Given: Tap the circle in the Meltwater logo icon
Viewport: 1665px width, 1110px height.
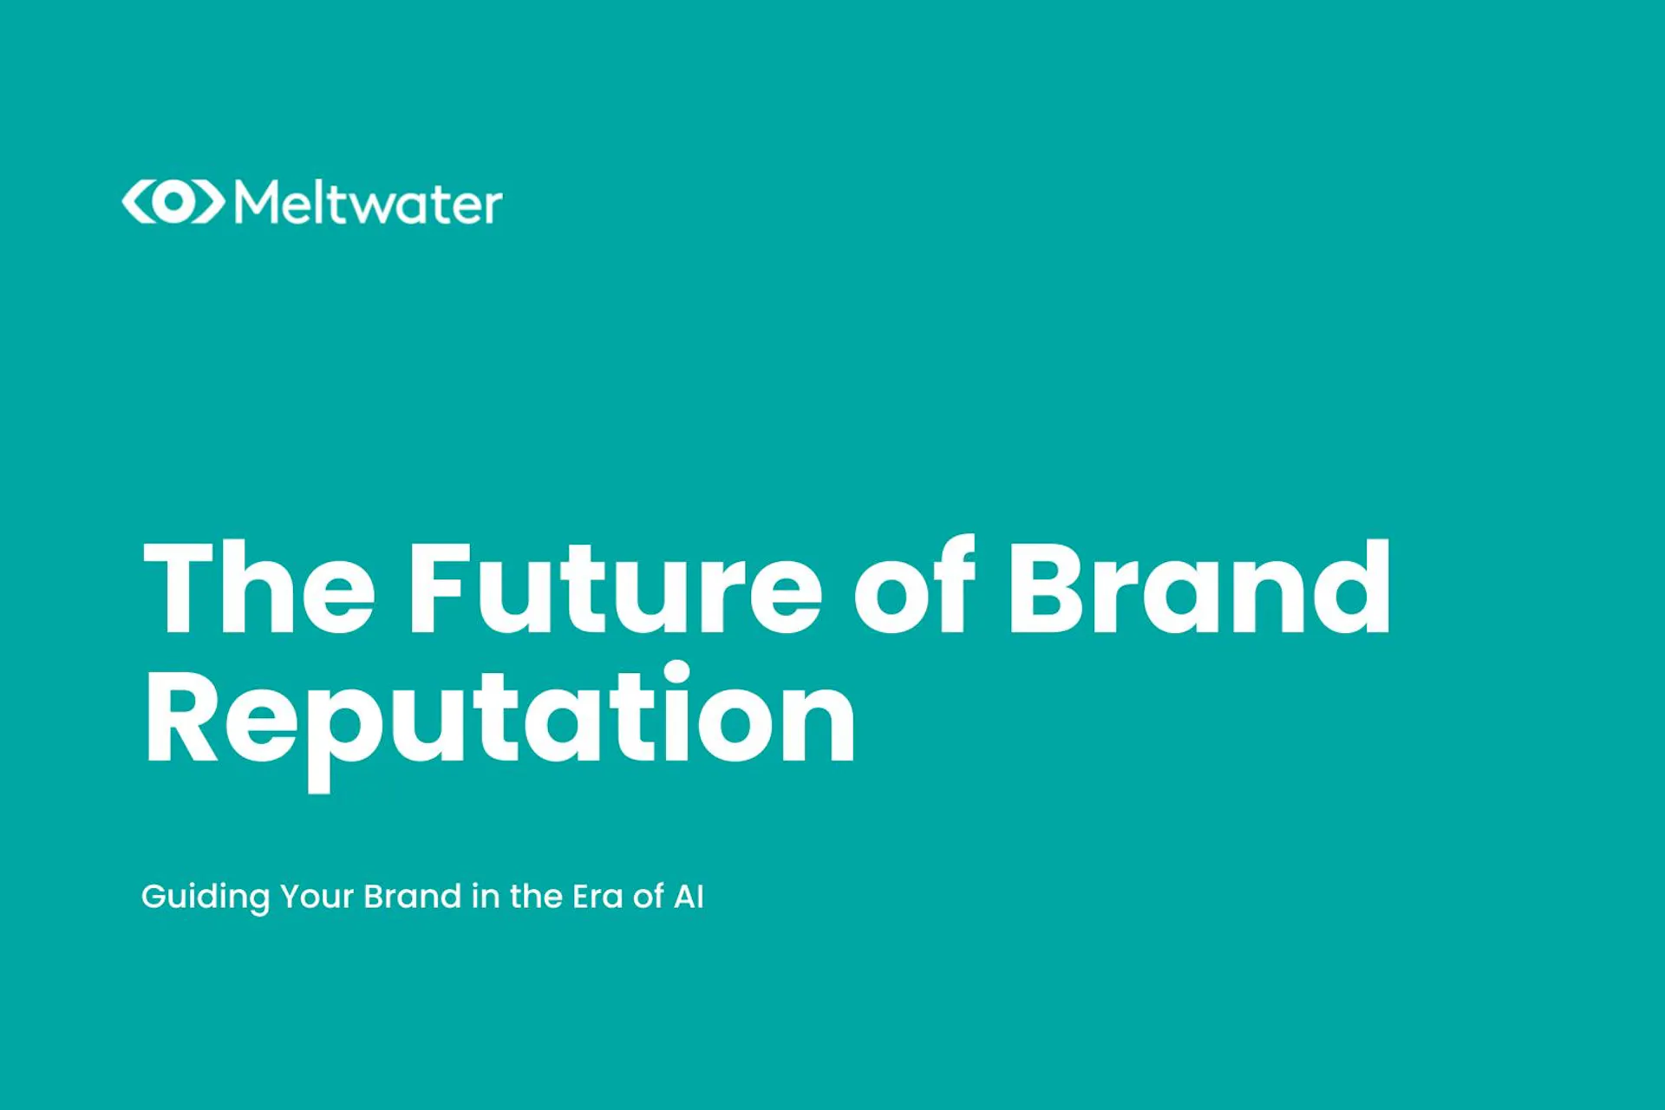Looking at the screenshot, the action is [x=173, y=202].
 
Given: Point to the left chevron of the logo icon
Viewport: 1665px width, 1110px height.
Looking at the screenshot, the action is [x=137, y=202].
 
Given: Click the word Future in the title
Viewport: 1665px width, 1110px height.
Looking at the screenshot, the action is [x=615, y=589].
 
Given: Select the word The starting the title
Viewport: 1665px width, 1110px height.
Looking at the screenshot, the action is [x=259, y=589].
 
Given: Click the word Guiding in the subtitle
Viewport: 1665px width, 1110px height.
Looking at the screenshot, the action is [x=206, y=898].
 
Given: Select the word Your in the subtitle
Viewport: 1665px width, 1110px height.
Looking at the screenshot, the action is [x=317, y=897].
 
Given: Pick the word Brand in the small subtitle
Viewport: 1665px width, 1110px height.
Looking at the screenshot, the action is [x=412, y=897].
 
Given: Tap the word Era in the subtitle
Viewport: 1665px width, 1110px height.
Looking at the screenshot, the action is [x=597, y=897].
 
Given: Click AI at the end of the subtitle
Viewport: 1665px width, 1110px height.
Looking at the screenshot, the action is [x=689, y=897].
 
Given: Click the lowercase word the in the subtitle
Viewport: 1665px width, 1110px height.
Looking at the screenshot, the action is [x=536, y=897].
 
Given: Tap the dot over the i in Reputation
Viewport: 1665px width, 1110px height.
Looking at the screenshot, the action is [x=676, y=674].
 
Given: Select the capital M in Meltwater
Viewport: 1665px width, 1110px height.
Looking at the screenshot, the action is [x=257, y=203].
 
